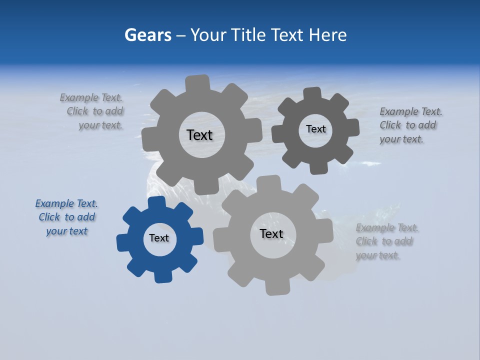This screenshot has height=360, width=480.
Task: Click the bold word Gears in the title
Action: [148, 35]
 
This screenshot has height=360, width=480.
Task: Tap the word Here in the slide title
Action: [327, 35]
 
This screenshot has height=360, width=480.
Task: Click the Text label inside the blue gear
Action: [159, 238]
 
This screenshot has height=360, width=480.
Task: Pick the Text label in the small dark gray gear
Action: [315, 129]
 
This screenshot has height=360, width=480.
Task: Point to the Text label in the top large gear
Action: [199, 135]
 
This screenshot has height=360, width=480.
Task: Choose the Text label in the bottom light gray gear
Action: [271, 233]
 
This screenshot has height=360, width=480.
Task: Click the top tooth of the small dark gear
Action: [312, 93]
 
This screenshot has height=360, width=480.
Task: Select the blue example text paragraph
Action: [66, 217]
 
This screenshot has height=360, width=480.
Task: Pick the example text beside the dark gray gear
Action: [410, 125]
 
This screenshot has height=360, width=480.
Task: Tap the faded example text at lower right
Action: [387, 241]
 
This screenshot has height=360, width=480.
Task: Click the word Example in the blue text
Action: [54, 204]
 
